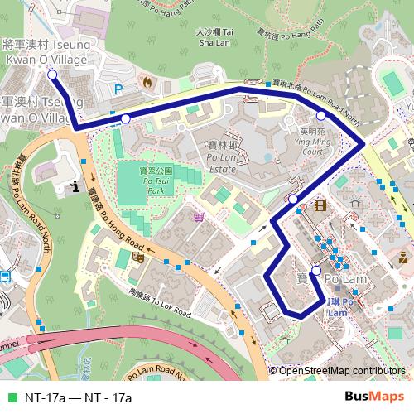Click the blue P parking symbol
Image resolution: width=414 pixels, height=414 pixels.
(118, 88)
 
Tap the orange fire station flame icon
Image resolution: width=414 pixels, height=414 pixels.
(147, 84)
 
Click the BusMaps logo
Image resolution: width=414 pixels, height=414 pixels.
(368, 397)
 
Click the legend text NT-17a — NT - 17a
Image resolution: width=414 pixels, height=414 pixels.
(79, 397)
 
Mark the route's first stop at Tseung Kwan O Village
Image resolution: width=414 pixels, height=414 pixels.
(52, 75)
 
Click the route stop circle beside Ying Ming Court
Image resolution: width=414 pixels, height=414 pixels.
(321, 115)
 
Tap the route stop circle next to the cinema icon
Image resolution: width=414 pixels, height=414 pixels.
(293, 200)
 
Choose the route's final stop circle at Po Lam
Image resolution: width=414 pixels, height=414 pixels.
(315, 271)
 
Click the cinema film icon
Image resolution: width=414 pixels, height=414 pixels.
(320, 205)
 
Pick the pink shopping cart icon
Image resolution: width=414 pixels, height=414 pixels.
(199, 217)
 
